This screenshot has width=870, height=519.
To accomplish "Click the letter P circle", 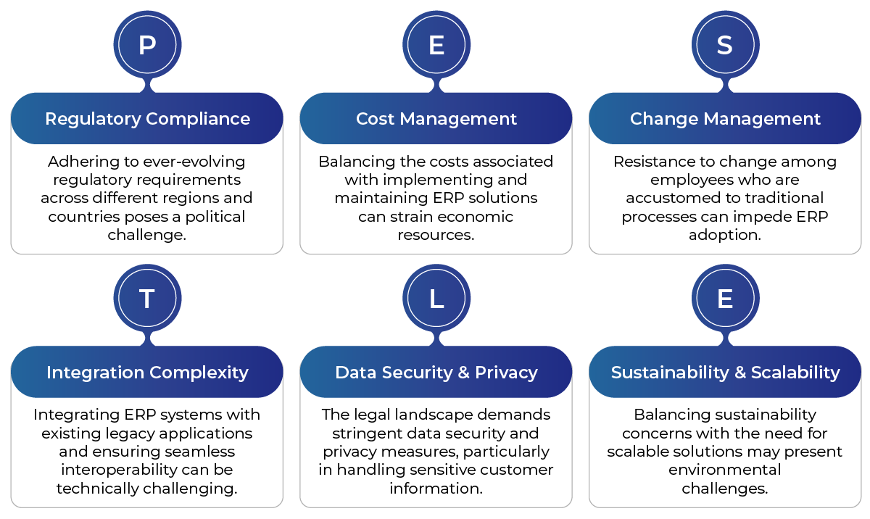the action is tap(147, 45).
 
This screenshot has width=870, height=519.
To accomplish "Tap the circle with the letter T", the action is tap(147, 298).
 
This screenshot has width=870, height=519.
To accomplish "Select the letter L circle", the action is tap(436, 298).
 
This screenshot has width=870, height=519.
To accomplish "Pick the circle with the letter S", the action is tap(725, 45).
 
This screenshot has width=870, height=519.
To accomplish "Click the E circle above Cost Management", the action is tap(436, 45).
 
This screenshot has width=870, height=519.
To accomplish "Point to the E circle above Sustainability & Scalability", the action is tap(725, 298).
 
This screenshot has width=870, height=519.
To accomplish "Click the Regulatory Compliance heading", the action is tap(148, 119).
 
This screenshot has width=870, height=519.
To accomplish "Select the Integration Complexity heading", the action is tap(147, 373).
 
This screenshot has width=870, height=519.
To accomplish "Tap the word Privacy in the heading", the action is tap(506, 373).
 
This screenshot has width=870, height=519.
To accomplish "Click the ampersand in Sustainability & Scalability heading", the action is tap(740, 373).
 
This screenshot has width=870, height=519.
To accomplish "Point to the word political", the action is tap(215, 217).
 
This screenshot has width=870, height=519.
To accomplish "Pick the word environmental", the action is tap(725, 470).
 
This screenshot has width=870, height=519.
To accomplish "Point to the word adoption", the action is tap(725, 236).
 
